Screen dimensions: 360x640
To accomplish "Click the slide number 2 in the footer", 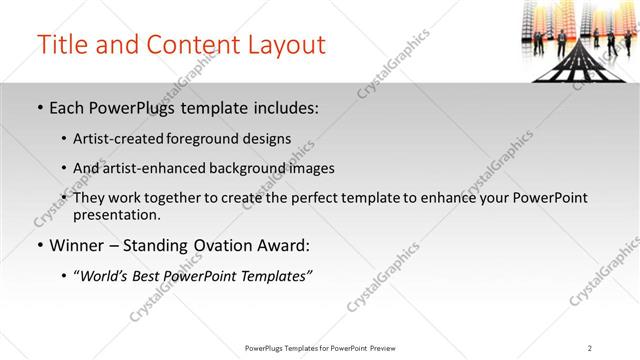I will click(590, 347).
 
